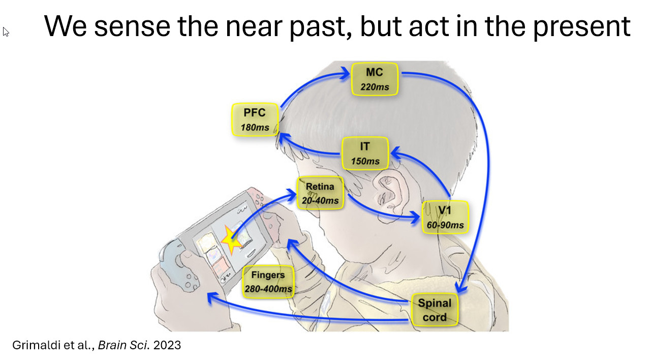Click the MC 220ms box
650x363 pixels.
pos(375,79)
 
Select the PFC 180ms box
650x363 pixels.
pos(255,119)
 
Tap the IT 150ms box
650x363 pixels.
pos(365,154)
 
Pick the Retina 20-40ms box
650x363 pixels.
pos(320,193)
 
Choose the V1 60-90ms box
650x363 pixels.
pos(445,217)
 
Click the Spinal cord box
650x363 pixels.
pos(435,310)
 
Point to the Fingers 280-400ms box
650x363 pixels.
pos(268,282)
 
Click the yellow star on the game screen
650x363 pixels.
pos(232,241)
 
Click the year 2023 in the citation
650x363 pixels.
pos(167,345)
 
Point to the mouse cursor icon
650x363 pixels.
pos(6,32)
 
